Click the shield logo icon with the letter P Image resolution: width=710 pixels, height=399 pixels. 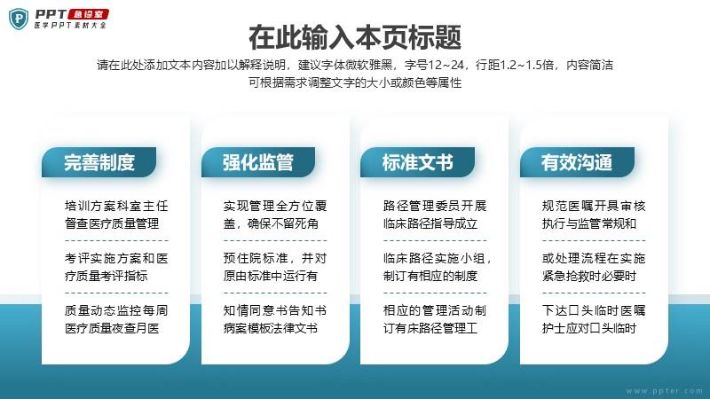click(19, 19)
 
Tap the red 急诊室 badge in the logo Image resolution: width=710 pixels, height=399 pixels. click(89, 14)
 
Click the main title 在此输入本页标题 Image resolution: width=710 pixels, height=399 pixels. click(355, 37)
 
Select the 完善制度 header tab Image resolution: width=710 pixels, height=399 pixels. click(99, 162)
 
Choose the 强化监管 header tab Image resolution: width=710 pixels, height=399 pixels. click(258, 162)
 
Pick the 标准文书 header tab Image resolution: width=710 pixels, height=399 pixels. click(417, 162)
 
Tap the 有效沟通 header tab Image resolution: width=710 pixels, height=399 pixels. click(577, 162)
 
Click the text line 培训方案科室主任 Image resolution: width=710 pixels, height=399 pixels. click(116, 207)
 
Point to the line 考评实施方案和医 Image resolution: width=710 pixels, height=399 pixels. click(116, 258)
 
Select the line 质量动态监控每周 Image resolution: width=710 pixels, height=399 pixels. click(116, 310)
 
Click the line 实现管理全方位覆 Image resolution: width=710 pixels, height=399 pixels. click(275, 207)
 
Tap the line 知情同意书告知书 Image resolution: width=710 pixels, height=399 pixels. click(275, 310)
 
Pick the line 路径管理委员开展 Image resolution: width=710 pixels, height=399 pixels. click(435, 207)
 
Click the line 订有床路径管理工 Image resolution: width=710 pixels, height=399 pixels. click(430, 328)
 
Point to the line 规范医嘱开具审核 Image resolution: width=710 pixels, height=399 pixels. click(594, 207)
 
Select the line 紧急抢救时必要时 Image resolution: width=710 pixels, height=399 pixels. click(589, 276)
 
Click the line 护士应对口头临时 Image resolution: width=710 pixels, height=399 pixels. click(589, 328)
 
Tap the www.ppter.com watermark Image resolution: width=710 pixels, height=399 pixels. click(664, 391)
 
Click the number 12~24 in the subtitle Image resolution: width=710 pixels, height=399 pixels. click(446, 65)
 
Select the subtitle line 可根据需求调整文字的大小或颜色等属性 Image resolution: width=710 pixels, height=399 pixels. click(355, 82)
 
